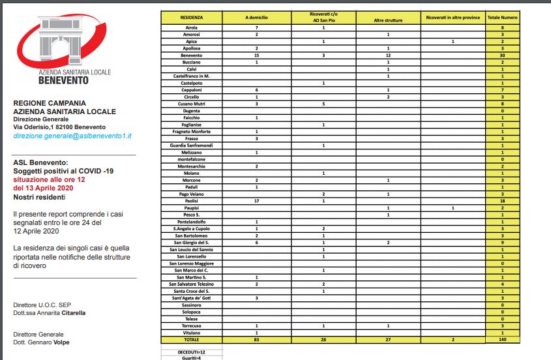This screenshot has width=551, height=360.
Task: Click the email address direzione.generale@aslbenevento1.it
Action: [72, 135]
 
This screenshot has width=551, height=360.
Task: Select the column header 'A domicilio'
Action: [257, 17]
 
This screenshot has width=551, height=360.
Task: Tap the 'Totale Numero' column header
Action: [502, 17]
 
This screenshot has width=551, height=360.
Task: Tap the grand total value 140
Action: [502, 340]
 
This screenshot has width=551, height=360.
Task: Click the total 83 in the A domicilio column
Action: [257, 340]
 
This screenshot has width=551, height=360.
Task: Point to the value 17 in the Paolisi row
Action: [257, 202]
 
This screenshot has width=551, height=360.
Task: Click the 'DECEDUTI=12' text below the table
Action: [192, 350]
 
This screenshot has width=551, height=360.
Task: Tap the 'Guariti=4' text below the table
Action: [192, 357]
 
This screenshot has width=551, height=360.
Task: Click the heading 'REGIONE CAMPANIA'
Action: [49, 103]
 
